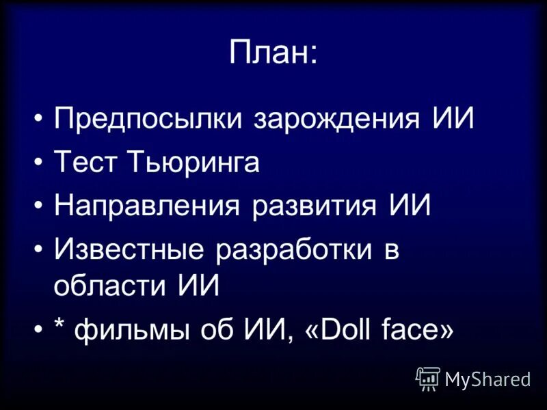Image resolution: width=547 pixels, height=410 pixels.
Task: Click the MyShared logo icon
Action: tap(428, 378)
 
